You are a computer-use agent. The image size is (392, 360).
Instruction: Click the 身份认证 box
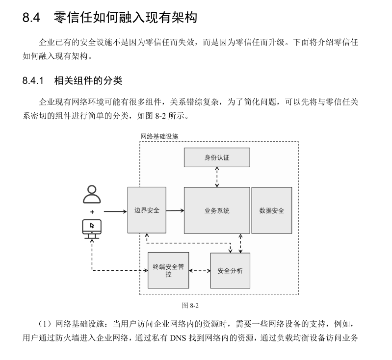(217, 157)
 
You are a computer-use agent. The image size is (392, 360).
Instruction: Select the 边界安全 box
(147, 210)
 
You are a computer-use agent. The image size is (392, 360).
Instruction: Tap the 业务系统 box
(217, 210)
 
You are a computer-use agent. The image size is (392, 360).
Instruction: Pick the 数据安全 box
(271, 210)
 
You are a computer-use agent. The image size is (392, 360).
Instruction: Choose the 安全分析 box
(230, 271)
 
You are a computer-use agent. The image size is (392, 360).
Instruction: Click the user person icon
(92, 194)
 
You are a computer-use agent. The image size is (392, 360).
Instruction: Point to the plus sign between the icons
(92, 211)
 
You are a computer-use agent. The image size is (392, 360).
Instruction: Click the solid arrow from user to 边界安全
(115, 211)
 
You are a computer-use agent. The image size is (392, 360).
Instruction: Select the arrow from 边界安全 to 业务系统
(175, 211)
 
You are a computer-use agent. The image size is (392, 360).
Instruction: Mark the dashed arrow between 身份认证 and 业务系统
(217, 177)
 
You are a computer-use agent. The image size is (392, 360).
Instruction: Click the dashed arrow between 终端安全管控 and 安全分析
(199, 271)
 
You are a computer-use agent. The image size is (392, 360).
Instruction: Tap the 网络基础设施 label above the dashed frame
(159, 136)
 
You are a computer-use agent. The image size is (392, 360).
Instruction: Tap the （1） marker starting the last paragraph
(47, 324)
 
